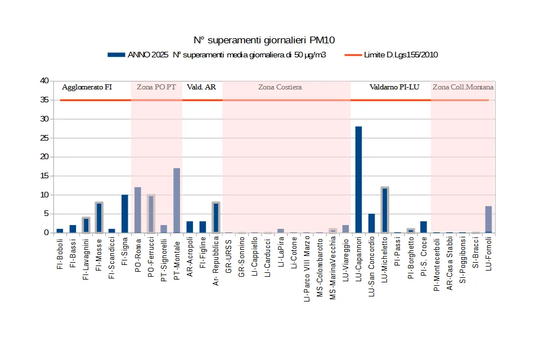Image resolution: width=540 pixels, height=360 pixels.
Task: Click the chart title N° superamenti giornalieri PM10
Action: point(264,40)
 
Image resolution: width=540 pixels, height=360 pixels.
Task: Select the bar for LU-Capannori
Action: point(358,179)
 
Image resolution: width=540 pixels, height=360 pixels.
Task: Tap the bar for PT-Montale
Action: point(177,200)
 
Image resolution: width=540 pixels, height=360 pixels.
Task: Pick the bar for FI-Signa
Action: point(125,214)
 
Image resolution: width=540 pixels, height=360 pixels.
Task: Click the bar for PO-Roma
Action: point(138,210)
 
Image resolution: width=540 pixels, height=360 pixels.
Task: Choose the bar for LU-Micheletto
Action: point(385,210)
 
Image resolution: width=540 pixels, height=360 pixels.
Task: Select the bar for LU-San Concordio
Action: point(371,223)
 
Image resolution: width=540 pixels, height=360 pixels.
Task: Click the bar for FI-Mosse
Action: point(99,218)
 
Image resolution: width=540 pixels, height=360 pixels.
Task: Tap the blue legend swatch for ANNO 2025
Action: point(116,55)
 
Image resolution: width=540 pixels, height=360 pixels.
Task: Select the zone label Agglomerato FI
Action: point(87,87)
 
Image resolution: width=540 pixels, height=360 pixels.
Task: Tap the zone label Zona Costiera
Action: point(280,87)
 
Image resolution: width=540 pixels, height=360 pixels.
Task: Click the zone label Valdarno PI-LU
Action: point(394,87)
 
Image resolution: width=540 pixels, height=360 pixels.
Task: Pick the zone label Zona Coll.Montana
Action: point(463,87)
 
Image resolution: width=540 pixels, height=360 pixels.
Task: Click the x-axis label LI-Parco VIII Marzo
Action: point(307,268)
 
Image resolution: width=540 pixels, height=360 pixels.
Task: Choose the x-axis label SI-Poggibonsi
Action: point(462,260)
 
